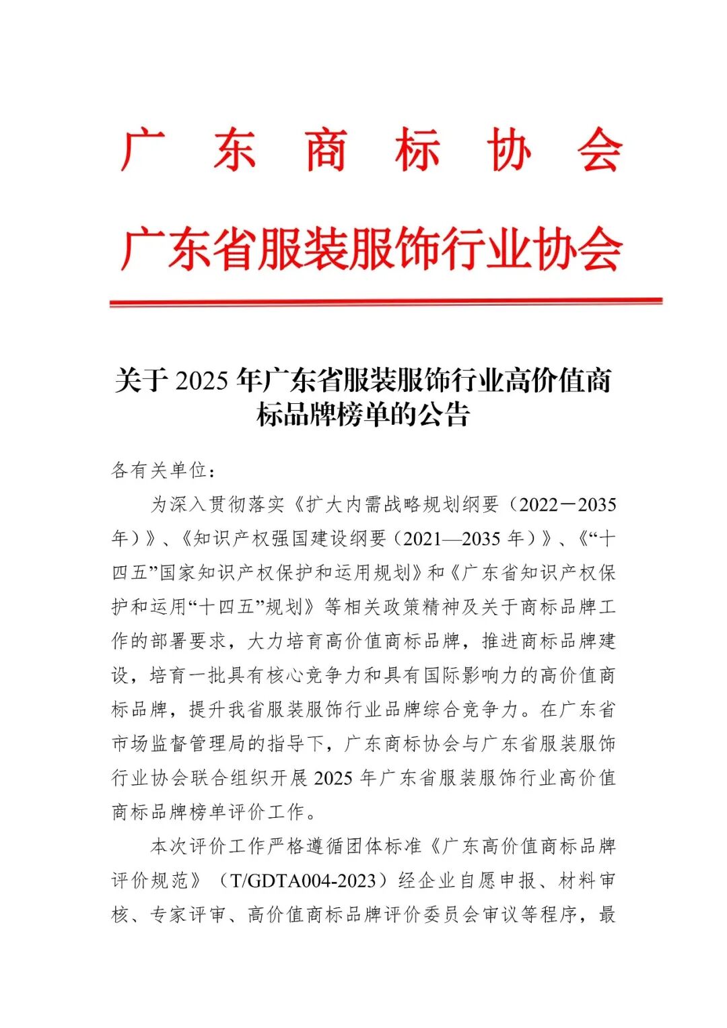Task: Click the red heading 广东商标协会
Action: pos(371,149)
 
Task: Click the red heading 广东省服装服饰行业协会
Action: pos(371,249)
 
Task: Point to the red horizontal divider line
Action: pos(386,303)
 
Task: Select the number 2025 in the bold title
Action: pos(201,381)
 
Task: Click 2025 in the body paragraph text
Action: pos(333,778)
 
